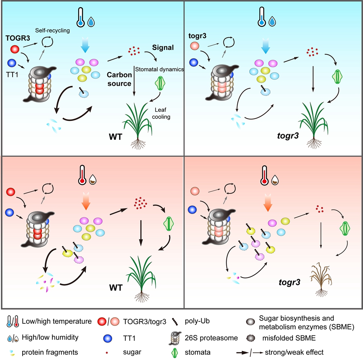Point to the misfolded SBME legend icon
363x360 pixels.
pyautogui.click(x=250, y=337)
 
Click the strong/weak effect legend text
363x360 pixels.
pyautogui.click(x=305, y=352)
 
